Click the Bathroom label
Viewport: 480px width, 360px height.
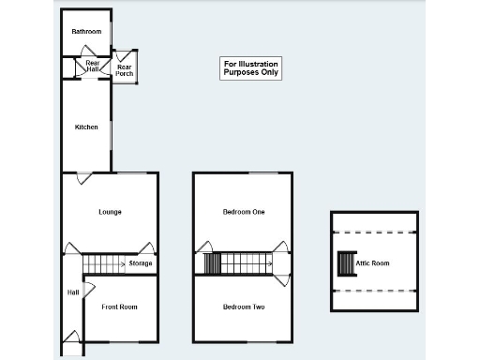pyautogui.click(x=86, y=32)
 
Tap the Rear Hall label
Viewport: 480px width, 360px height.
pyautogui.click(x=93, y=67)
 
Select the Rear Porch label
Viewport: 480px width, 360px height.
pyautogui.click(x=124, y=69)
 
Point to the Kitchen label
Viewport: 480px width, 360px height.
pyautogui.click(x=86, y=127)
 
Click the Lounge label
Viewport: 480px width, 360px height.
pyautogui.click(x=110, y=212)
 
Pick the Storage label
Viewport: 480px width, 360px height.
pyautogui.click(x=141, y=264)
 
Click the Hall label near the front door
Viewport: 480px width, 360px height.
pyautogui.click(x=72, y=292)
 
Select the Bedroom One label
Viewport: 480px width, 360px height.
pyautogui.click(x=243, y=212)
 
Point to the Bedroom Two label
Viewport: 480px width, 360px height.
pyautogui.click(x=243, y=307)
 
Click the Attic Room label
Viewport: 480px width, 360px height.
pyautogui.click(x=372, y=264)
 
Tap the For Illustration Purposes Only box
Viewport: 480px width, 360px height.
pyautogui.click(x=250, y=67)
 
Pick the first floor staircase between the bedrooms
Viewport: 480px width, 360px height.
pyautogui.click(x=238, y=264)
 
